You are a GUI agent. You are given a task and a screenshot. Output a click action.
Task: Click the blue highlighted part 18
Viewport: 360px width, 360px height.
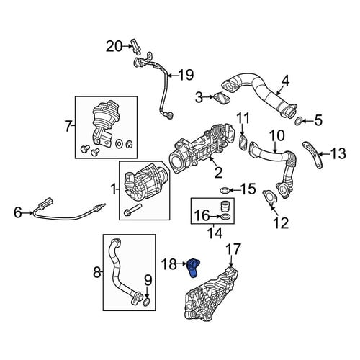(x=194, y=268)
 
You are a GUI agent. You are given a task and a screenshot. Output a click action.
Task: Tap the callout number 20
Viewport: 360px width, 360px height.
(x=114, y=47)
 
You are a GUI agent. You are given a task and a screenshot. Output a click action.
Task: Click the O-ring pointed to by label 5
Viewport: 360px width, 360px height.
(x=297, y=122)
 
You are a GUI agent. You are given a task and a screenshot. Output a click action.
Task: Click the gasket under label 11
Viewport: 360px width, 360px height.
(x=243, y=142)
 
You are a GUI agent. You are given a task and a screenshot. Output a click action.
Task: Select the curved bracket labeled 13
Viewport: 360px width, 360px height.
(x=313, y=155)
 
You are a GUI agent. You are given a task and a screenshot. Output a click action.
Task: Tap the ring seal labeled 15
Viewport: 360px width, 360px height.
(x=225, y=191)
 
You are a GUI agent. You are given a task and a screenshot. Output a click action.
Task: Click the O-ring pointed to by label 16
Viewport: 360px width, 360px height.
(x=225, y=217)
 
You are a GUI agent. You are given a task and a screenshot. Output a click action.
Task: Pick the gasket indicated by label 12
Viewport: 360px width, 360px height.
(x=270, y=197)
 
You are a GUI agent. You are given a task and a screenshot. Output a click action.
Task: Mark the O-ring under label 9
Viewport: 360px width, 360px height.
(x=146, y=302)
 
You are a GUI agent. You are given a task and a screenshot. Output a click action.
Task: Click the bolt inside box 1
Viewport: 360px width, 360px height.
(x=132, y=209)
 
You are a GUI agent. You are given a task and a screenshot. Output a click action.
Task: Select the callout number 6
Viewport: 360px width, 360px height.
(x=18, y=212)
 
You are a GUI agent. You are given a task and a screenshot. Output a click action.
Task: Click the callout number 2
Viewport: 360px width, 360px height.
(x=218, y=173)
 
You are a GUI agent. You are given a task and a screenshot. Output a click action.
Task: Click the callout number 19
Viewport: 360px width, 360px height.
(x=186, y=75)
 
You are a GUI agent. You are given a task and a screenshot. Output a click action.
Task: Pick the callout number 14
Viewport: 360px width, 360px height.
(x=215, y=233)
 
